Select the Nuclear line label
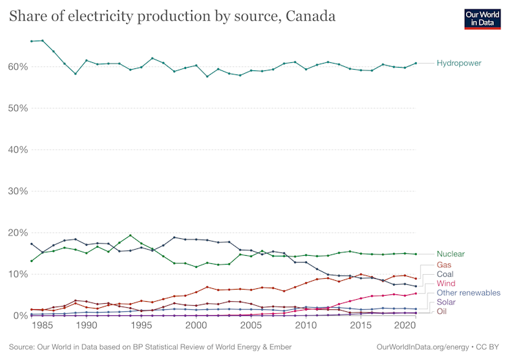pos(450,254)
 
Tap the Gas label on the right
pos(444,265)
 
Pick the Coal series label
pos(446,274)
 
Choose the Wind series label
pos(446,284)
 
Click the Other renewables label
pos(468,293)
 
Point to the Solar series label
pos(446,302)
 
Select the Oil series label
pos(442,311)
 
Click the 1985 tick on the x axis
pos(43,325)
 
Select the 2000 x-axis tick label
pos(196,325)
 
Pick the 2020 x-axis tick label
pos(404,325)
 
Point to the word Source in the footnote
pos(24,347)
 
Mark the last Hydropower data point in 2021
pos(415,63)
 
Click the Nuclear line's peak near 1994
pos(131,235)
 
